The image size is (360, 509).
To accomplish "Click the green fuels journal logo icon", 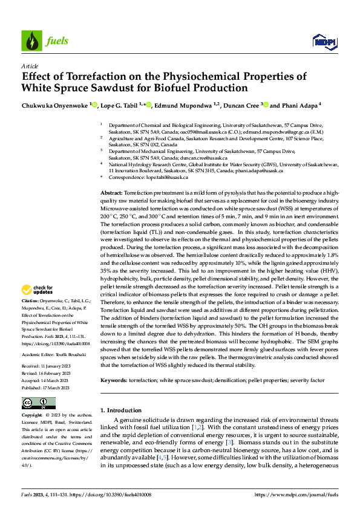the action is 30,41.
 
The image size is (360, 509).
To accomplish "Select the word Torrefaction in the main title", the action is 84,77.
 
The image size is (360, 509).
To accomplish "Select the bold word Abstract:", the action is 111,192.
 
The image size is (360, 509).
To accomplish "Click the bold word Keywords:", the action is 113,365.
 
